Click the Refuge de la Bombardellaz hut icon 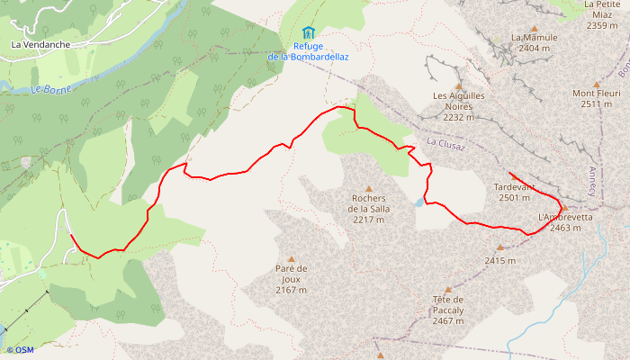pos(309,32)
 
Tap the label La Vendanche pos(41,43)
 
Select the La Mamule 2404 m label pos(535,42)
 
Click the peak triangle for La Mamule pos(535,28)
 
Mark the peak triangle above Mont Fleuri pos(596,84)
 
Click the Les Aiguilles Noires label pos(459,106)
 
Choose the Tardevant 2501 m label pos(515,193)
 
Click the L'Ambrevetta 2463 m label pos(565,222)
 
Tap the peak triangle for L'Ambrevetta pos(565,208)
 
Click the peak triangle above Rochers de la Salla pos(368,188)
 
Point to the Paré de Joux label pos(292,279)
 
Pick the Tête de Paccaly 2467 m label pos(447,310)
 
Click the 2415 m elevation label pos(500,261)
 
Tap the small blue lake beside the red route pos(418,203)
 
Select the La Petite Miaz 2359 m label pos(601,15)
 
